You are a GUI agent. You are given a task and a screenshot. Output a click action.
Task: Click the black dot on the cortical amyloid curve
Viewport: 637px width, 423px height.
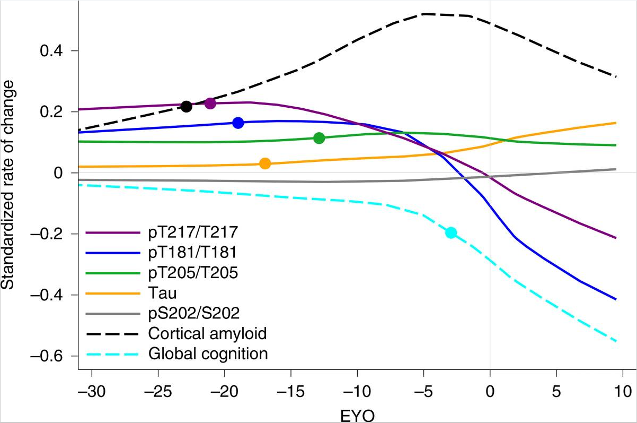[x=186, y=107]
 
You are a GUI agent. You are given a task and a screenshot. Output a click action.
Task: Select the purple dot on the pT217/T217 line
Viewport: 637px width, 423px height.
[x=210, y=103]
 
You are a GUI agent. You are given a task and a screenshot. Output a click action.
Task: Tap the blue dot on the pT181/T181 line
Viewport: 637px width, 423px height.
[x=238, y=123]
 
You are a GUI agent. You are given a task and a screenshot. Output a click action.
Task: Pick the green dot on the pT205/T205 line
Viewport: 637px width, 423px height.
[x=319, y=138]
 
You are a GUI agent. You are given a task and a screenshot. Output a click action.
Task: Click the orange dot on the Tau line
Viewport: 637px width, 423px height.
[x=266, y=163]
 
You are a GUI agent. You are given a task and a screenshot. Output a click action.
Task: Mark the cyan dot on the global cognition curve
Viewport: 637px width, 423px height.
[x=451, y=232]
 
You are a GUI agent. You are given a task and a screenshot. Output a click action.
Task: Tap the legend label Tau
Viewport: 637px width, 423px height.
[x=163, y=293]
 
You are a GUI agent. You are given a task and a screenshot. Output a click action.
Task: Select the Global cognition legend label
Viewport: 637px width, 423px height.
[x=208, y=353]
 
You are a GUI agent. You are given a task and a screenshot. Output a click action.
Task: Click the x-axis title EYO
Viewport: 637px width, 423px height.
[x=357, y=415]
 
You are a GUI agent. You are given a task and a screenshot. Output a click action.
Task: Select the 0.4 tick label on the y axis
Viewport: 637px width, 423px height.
[x=52, y=51]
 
